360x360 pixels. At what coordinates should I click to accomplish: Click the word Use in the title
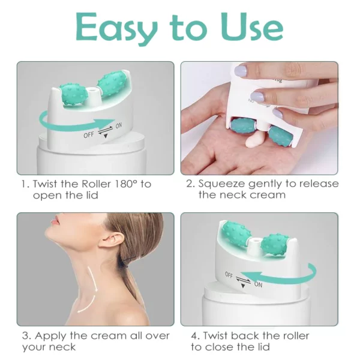(251, 27)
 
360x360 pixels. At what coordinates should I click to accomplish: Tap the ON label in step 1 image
(118, 126)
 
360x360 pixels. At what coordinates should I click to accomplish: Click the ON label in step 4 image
(258, 284)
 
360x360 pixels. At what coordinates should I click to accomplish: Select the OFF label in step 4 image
(229, 275)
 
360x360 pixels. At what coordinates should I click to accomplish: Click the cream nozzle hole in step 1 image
(93, 90)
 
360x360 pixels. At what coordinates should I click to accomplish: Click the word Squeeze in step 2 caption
(222, 184)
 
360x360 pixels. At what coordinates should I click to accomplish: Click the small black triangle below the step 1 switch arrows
(106, 136)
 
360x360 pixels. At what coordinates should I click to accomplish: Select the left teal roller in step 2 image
(241, 127)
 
